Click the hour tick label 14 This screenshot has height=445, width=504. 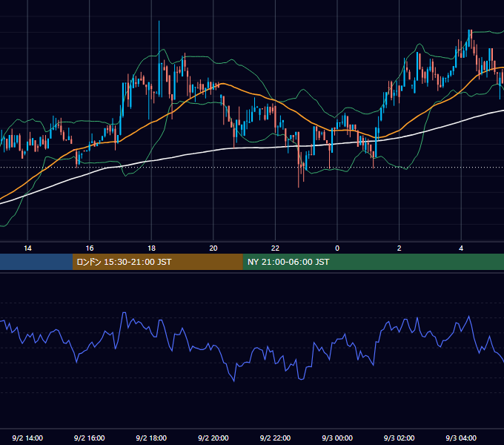click(x=27, y=248)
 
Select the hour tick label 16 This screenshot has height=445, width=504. click(x=90, y=248)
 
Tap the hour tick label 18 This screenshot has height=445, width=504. click(x=151, y=248)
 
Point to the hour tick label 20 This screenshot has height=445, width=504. click(x=213, y=248)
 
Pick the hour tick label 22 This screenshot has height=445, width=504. click(x=275, y=248)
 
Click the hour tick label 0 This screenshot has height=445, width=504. click(x=337, y=248)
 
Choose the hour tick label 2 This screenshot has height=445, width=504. click(x=399, y=248)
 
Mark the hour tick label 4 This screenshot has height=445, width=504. click(x=461, y=248)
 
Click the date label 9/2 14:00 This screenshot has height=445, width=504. click(x=27, y=438)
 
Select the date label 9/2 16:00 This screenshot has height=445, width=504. click(x=90, y=438)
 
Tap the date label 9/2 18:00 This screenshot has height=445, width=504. click(x=151, y=438)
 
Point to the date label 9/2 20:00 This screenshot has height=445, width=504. click(x=213, y=438)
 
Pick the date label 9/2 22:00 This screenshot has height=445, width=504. click(x=275, y=438)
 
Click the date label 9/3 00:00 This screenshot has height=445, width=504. click(x=337, y=438)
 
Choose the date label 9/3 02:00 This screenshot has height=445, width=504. click(x=399, y=438)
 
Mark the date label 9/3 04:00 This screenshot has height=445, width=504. click(x=461, y=438)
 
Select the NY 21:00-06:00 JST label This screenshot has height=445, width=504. click(x=288, y=262)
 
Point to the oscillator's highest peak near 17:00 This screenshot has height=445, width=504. click(x=124, y=312)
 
